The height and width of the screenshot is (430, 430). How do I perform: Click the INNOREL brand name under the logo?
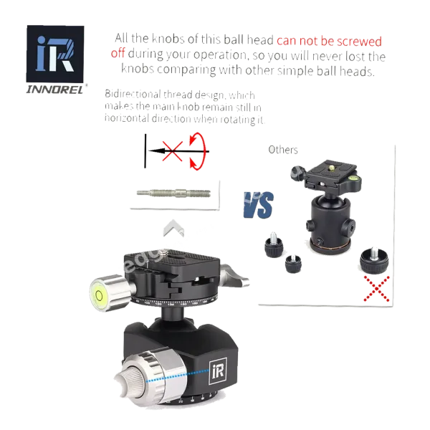[54, 90]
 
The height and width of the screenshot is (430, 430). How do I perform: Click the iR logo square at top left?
[55, 54]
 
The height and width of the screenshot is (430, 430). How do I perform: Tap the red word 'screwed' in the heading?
[359, 42]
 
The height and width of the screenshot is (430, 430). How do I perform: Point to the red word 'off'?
[118, 52]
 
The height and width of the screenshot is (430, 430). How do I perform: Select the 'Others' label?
[283, 150]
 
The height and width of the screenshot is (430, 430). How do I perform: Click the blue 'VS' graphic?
[258, 205]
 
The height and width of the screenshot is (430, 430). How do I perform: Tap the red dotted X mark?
[376, 289]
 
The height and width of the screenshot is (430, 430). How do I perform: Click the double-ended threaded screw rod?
[173, 193]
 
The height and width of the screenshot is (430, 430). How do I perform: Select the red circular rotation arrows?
[198, 151]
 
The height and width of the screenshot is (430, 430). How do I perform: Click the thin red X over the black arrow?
[173, 151]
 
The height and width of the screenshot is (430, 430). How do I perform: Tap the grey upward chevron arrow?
[173, 228]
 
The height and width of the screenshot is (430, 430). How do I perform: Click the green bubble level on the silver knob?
[98, 295]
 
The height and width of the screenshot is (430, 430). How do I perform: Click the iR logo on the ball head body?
[218, 372]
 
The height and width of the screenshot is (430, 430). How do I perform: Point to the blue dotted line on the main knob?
[178, 376]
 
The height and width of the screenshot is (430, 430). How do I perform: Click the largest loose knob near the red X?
[374, 261]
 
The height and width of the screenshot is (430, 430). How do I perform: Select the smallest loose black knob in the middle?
[293, 264]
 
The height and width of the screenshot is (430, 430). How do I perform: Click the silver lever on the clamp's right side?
[234, 275]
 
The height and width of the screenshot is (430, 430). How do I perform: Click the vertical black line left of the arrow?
[145, 151]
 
